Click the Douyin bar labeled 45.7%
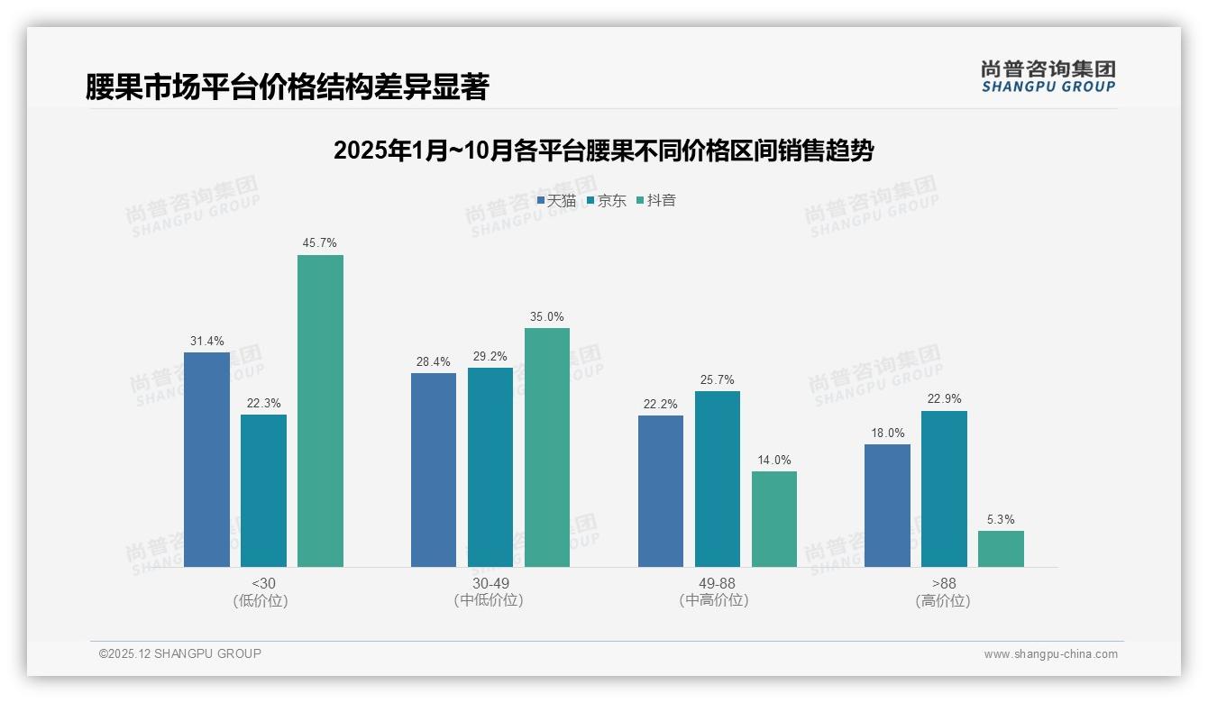point(320,410)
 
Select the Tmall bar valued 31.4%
point(206,459)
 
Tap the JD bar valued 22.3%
point(263,490)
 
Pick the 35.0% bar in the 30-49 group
point(547,447)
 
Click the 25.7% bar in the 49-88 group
point(718,479)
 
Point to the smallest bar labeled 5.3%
point(1001,548)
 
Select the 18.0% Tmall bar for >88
point(887,505)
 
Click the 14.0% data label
point(774,460)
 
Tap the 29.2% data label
point(490,356)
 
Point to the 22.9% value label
point(944,399)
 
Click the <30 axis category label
point(263,584)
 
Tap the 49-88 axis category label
point(718,584)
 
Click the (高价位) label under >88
point(944,601)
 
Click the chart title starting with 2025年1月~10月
point(603,151)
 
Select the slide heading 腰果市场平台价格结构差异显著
point(287,87)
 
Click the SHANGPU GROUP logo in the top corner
point(1048,77)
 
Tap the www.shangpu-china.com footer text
point(1050,654)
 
